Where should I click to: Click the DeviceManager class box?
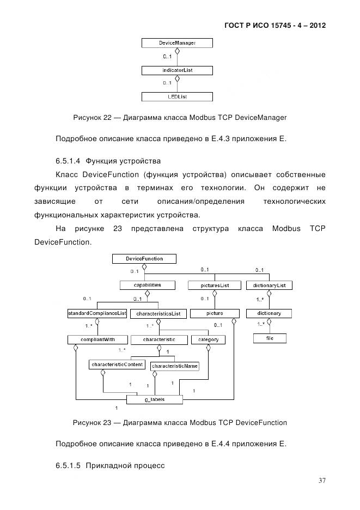(177, 42)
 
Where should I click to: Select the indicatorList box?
(177, 70)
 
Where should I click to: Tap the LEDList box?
(177, 97)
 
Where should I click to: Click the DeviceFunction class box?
(144, 258)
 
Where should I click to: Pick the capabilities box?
(147, 285)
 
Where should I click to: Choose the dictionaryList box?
(270, 285)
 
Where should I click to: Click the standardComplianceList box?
(97, 313)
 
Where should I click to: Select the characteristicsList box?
(158, 314)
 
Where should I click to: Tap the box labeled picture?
(215, 313)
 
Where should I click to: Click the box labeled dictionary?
(269, 313)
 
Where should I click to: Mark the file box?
(269, 339)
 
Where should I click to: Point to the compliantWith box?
(97, 339)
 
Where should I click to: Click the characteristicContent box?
(117, 365)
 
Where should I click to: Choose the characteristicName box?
(175, 366)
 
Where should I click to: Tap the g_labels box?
(155, 399)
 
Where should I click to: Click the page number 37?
(322, 481)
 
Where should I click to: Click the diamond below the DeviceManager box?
(177, 51)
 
